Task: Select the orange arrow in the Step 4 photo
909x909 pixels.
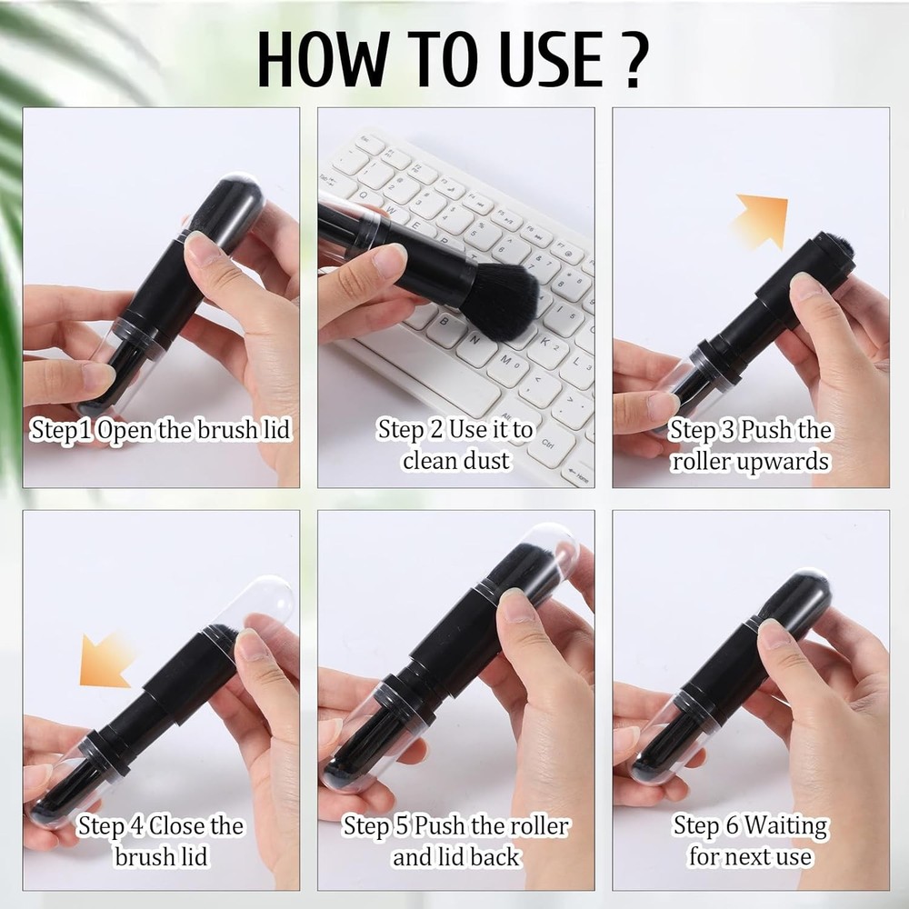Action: [105, 661]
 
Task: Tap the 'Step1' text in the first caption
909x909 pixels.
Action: [62, 430]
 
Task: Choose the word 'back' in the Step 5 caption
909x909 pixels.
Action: [494, 856]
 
